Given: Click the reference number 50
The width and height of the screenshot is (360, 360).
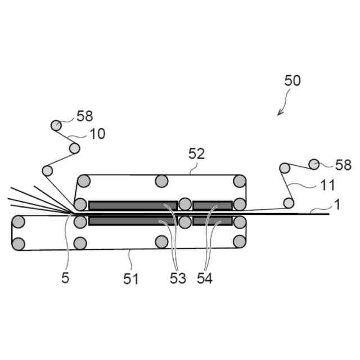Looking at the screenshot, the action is click(x=292, y=80).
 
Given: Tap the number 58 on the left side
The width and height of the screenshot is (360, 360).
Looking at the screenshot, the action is click(x=84, y=117).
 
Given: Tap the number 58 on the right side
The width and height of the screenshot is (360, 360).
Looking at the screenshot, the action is click(x=343, y=165).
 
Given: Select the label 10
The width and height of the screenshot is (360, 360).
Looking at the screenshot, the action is click(x=97, y=134).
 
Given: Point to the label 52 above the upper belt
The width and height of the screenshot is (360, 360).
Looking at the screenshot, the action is click(x=197, y=153).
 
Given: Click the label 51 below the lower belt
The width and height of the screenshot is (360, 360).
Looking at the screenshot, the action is click(x=131, y=278).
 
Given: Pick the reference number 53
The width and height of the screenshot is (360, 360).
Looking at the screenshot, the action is click(x=177, y=278).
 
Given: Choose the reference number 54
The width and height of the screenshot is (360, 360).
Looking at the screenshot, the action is click(x=205, y=278).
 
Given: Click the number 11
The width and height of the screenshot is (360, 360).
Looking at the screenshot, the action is click(x=327, y=184).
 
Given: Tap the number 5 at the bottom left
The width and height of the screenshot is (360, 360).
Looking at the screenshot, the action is click(x=65, y=278).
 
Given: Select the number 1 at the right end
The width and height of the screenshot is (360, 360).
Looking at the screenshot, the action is click(x=337, y=205).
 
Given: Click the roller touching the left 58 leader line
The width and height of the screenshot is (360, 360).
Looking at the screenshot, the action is click(x=56, y=125).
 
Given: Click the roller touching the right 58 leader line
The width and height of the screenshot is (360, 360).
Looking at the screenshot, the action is click(x=314, y=164).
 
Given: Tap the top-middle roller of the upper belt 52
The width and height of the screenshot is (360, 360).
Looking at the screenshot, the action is click(x=161, y=181).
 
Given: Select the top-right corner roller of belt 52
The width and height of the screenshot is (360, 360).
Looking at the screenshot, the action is click(x=240, y=181).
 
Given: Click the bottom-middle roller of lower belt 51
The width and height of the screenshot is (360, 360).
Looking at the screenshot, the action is click(x=162, y=242).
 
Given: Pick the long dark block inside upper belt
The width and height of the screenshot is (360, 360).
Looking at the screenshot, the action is click(x=133, y=205).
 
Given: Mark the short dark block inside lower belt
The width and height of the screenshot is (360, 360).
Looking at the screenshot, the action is click(x=212, y=221).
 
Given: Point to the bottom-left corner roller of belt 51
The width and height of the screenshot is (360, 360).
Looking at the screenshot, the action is click(x=19, y=244).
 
